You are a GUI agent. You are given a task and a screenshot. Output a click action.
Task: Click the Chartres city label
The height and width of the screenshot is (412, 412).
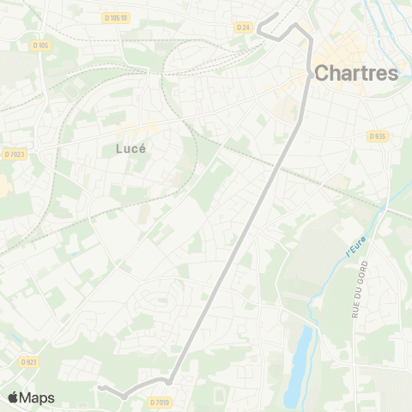[x=356, y=73]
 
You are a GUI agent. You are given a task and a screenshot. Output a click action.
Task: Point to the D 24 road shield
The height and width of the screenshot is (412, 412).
[x=243, y=27]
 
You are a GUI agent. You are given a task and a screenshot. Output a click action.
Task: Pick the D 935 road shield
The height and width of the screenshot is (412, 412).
[x=377, y=136]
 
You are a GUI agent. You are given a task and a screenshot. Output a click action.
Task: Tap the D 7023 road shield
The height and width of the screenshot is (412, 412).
[x=15, y=154]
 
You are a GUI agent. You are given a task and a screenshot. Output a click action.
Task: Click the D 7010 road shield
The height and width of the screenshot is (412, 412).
[x=161, y=401]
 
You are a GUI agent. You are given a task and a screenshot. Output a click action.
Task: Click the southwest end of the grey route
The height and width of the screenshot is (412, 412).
[x=100, y=388]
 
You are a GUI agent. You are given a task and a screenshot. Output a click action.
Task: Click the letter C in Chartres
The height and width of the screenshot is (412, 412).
[x=323, y=74]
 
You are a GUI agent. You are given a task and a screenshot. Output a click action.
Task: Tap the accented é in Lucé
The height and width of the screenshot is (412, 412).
[x=142, y=148]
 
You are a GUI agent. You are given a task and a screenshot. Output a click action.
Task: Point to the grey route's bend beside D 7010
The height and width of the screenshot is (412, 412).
[x=169, y=380]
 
